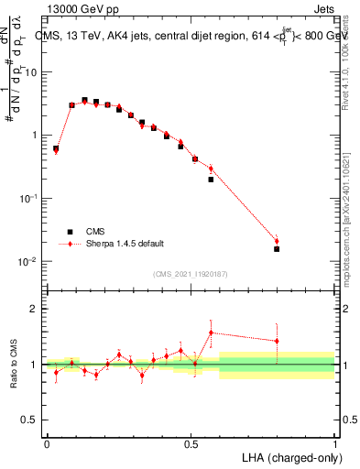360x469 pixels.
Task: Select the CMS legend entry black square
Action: tap(68, 232)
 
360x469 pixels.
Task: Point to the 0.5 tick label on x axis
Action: tap(191, 443)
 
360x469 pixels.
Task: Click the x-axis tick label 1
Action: tap(335, 443)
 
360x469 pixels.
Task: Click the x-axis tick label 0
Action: tap(47, 443)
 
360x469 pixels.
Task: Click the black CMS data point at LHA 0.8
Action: tap(277, 248)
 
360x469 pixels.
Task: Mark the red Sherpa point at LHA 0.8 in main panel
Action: tap(277, 241)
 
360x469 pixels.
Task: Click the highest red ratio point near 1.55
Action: tap(211, 333)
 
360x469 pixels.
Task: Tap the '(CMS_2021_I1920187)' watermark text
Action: tap(191, 273)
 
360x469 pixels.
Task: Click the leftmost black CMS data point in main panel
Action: tap(55, 148)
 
